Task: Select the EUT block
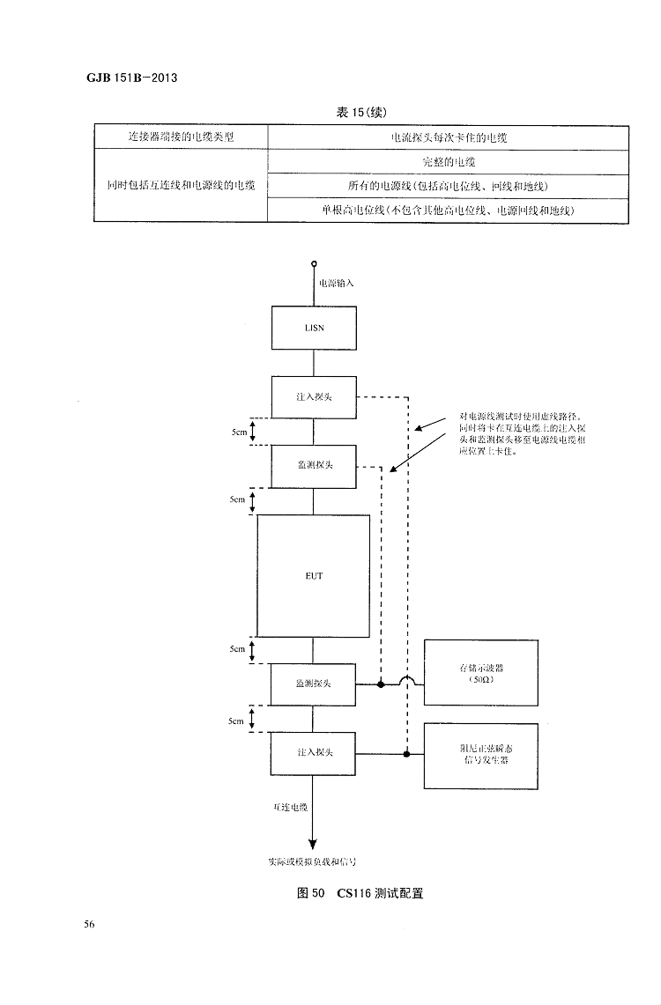click(x=313, y=575)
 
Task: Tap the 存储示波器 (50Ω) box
click(x=480, y=673)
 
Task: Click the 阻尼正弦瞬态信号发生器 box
click(x=480, y=755)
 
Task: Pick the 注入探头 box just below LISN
click(x=313, y=397)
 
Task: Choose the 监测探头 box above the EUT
click(x=313, y=466)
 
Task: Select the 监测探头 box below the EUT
click(x=313, y=684)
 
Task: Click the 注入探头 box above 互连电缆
click(x=313, y=753)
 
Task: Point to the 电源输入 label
click(x=336, y=283)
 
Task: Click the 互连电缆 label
click(x=290, y=805)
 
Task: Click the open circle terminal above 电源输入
click(x=313, y=263)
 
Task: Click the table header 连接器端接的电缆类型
click(x=181, y=138)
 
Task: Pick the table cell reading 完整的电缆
click(x=449, y=163)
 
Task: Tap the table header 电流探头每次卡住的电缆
click(x=449, y=138)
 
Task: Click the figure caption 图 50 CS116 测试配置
click(x=360, y=893)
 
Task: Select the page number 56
click(x=89, y=924)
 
